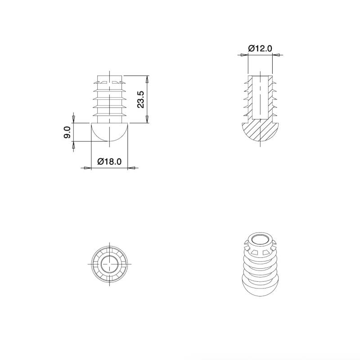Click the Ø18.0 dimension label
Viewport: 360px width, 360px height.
109,162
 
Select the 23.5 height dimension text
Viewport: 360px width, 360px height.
140,99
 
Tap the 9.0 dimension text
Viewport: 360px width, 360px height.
67,133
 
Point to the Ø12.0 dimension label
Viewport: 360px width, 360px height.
260,49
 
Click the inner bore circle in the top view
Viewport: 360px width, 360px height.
109,264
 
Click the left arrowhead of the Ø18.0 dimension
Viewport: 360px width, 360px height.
88,168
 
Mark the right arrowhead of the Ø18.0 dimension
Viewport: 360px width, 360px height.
131,168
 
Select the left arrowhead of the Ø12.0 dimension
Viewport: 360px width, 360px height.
243,55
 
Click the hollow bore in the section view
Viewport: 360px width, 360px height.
260,97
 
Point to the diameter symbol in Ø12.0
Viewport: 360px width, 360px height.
251,49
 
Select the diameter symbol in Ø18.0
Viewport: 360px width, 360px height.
100,162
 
